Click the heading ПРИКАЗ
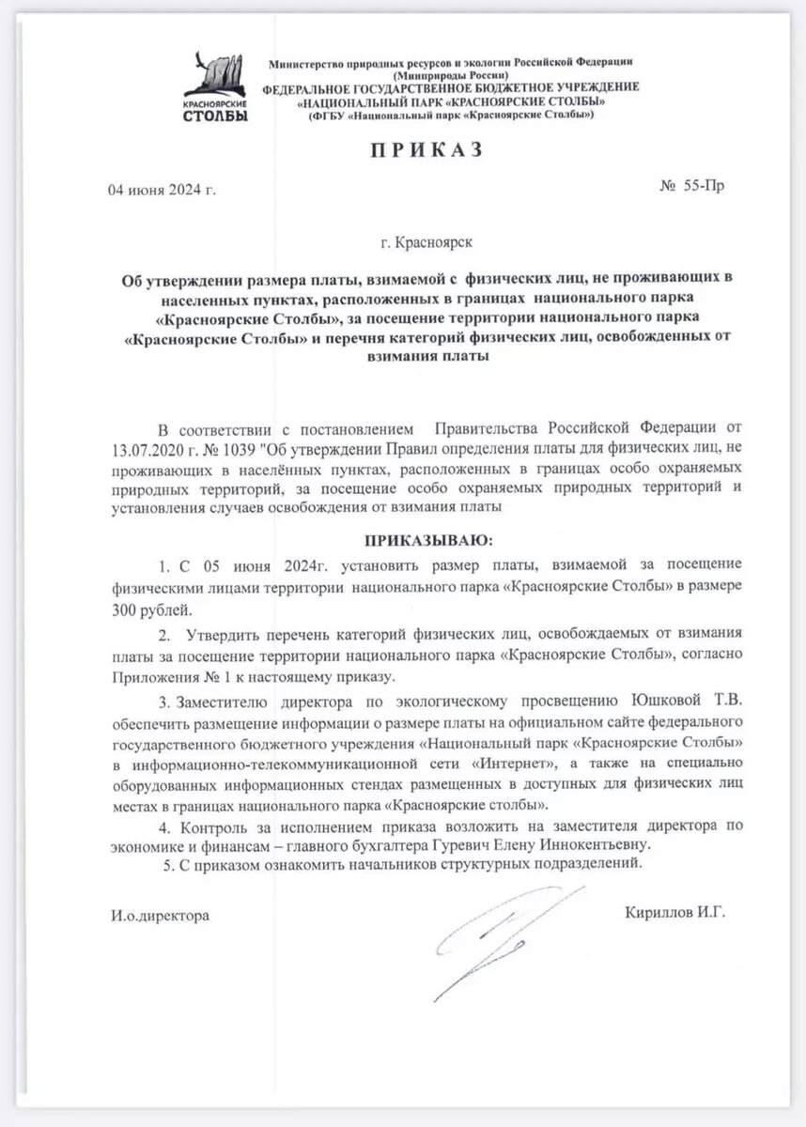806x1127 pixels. tap(404, 149)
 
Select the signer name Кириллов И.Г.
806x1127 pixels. tap(674, 912)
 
